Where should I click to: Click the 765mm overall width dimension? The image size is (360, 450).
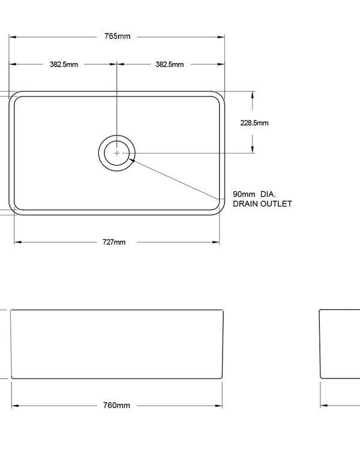tap(117, 37)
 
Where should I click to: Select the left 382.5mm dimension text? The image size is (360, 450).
tap(64, 64)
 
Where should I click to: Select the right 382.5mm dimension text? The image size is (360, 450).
tap(170, 64)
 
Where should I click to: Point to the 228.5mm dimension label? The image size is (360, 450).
tap(254, 123)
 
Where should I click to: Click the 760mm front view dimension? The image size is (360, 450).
tap(117, 406)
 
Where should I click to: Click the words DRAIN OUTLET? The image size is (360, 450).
tap(262, 204)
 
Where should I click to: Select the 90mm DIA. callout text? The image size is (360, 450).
tap(254, 195)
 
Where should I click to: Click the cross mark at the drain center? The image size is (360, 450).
tap(116, 153)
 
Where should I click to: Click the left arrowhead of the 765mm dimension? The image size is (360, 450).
tap(12, 37)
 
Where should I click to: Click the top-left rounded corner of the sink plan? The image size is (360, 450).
tap(14, 97)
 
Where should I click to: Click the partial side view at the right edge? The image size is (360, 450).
tap(340, 344)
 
